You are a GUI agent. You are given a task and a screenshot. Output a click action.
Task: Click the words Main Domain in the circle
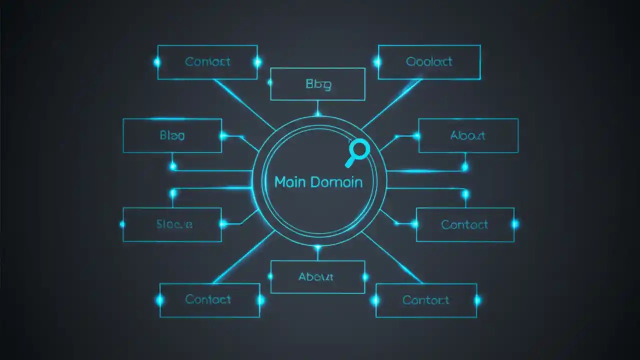point(318,182)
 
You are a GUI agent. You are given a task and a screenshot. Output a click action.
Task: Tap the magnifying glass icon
point(357,152)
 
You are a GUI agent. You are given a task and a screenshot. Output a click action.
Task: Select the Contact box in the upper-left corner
point(207,62)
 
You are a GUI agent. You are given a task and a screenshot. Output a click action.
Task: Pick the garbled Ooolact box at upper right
point(429,62)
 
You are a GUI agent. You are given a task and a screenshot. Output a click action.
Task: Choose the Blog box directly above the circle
point(317,84)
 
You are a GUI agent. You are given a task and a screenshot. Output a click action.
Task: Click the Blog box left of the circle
point(172,135)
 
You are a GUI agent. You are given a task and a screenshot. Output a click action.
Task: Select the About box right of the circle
point(468,135)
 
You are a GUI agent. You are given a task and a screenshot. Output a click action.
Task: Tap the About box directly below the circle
point(317,276)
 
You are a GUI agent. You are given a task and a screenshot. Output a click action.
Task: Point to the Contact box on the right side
point(464,224)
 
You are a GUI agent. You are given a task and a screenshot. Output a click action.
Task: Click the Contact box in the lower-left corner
point(209,300)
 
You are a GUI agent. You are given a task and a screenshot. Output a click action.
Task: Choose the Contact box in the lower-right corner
point(426,300)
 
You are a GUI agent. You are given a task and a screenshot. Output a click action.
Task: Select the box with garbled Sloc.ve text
point(172,224)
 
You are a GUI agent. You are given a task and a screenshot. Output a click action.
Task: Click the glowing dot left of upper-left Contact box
point(157,62)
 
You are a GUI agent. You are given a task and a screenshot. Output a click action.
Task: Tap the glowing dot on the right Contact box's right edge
point(514,224)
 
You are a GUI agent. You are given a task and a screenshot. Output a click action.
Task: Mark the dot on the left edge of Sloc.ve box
point(123,224)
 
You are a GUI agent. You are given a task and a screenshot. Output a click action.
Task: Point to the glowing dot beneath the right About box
point(465,167)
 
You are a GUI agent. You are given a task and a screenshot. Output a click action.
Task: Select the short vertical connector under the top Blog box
point(317,107)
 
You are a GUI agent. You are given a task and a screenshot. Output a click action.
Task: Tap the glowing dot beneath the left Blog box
point(173,166)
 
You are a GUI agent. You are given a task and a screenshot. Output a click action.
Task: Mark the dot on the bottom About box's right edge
point(365,276)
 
